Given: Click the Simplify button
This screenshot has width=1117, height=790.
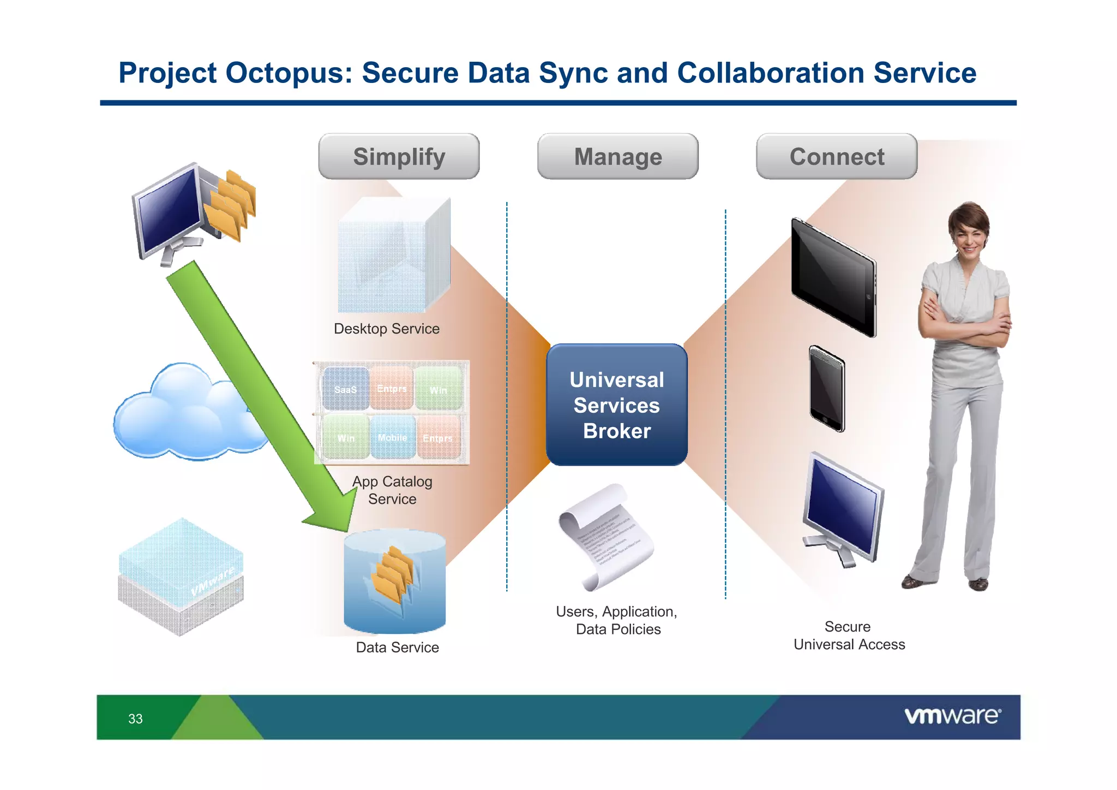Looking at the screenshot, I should (399, 157).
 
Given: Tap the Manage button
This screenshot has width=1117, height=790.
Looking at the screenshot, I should (617, 157).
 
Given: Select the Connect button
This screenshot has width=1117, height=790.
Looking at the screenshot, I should (836, 157).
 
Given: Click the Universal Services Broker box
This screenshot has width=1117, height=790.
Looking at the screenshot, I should (616, 405).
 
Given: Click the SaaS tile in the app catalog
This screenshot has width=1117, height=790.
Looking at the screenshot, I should (345, 389).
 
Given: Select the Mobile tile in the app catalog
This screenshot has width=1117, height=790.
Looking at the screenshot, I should (392, 437).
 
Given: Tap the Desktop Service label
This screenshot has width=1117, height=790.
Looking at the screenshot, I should (386, 329).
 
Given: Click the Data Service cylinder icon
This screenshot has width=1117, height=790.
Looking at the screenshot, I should (394, 581).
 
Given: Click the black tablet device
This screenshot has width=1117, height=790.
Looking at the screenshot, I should (833, 277).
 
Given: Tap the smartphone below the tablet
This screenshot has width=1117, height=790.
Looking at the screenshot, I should (827, 389).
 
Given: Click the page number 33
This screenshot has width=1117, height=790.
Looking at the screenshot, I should (135, 718).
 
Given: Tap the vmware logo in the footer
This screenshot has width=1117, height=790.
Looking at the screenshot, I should (952, 716).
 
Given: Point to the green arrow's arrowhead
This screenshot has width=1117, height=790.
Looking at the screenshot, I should (333, 510).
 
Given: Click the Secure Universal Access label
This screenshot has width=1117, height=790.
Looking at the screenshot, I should (849, 635).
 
